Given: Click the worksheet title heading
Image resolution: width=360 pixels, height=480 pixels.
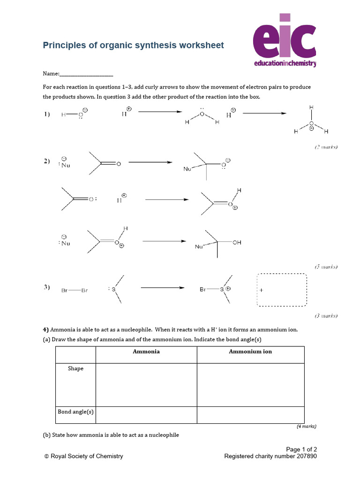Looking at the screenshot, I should [134, 45].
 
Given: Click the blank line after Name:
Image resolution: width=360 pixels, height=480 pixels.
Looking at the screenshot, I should [87, 74].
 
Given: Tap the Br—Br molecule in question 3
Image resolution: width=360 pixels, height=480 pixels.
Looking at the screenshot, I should [74, 291].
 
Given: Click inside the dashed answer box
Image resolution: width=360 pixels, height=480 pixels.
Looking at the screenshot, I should [281, 290].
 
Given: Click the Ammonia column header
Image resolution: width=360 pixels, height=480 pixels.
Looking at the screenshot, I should [146, 352].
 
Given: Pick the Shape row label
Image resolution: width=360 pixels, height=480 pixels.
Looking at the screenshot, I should [75, 368].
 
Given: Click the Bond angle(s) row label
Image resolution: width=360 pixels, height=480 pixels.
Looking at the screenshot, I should [75, 412].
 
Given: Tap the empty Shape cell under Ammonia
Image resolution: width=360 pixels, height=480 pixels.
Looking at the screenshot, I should [146, 384].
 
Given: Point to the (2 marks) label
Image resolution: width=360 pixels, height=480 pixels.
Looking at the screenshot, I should [326, 147].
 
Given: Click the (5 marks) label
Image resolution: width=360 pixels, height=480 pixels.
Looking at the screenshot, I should [326, 267].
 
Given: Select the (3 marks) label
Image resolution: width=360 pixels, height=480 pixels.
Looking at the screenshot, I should [326, 316].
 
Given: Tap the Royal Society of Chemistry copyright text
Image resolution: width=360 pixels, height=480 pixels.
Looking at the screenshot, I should [83, 456].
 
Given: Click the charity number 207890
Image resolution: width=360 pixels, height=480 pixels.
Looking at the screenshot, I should [305, 456].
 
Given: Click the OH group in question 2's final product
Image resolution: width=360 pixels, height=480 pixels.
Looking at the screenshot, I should [237, 243].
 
